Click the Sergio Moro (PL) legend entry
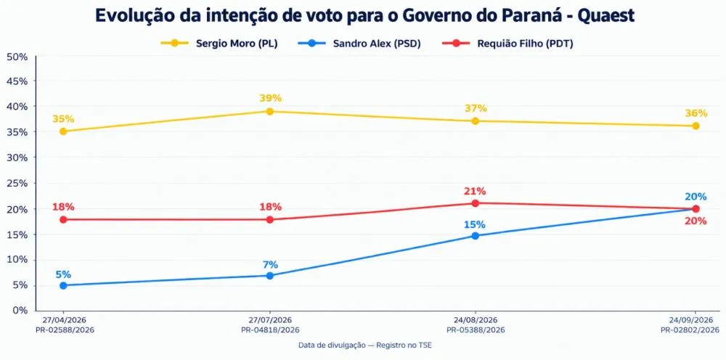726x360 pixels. (219, 44)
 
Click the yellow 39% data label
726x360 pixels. (270, 98)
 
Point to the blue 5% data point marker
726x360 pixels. (63, 285)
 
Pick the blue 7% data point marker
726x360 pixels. (270, 276)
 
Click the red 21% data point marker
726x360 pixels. (475, 203)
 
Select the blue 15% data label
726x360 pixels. (475, 225)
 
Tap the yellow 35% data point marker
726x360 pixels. (63, 131)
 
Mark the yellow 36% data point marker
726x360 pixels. (696, 126)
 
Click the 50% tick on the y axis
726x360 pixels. (17, 57)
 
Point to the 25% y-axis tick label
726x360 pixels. (17, 183)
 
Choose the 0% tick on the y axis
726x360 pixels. (20, 310)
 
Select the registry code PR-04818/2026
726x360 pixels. (270, 330)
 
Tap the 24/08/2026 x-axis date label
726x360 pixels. (475, 320)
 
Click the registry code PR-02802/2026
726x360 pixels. (690, 330)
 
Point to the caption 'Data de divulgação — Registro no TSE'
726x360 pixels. (365, 345)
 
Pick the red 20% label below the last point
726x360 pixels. (696, 221)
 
